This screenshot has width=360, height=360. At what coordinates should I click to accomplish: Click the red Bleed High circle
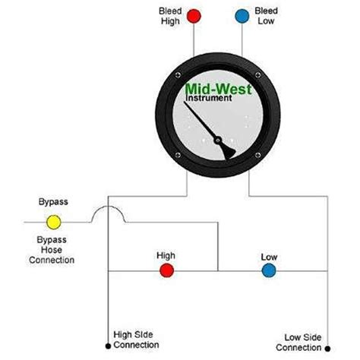(x=194, y=15)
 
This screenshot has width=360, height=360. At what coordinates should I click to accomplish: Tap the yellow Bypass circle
(x=54, y=223)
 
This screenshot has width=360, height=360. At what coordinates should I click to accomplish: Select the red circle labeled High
(x=166, y=270)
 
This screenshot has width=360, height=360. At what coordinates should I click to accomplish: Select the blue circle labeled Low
(x=268, y=270)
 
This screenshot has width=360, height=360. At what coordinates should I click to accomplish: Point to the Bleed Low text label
(x=268, y=17)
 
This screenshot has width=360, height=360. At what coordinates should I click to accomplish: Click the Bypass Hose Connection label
(x=53, y=250)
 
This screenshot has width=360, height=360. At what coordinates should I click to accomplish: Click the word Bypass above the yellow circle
(x=53, y=203)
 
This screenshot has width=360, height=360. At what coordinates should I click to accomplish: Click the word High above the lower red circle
(x=166, y=256)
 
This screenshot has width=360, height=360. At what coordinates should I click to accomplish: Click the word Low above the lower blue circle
(x=269, y=256)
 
